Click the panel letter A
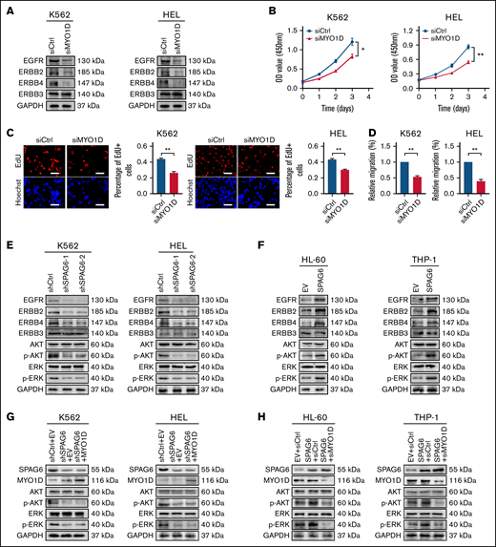click(7, 8)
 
